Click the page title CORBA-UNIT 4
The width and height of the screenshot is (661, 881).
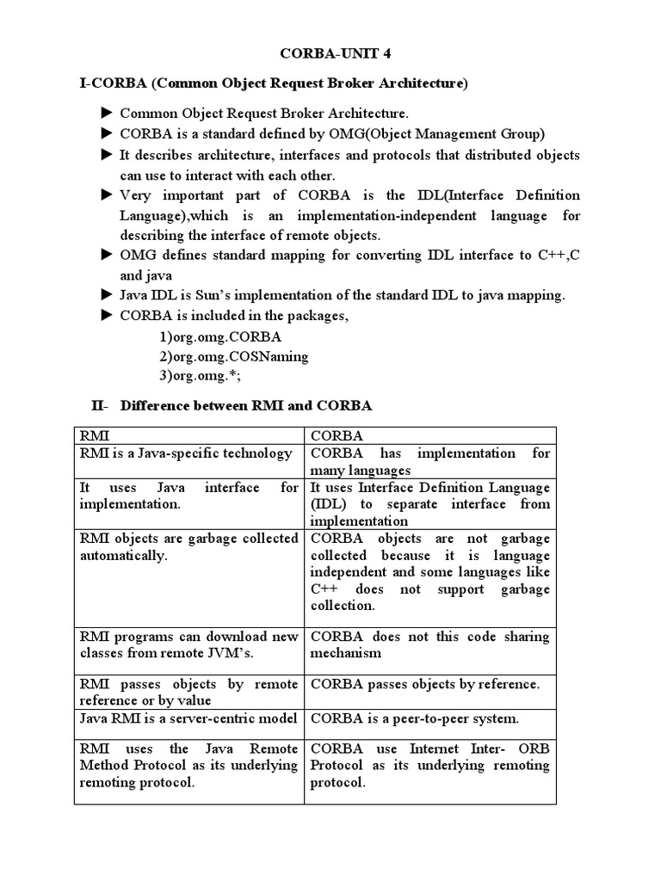pos(330,53)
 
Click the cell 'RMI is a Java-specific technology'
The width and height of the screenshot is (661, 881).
pos(186,453)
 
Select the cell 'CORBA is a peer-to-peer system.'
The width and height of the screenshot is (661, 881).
pos(415,718)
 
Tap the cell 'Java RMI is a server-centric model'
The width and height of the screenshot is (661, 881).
pos(188,718)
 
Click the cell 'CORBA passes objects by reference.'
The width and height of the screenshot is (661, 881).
pos(424,684)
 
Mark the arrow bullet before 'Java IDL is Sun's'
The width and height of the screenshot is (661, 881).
pos(107,295)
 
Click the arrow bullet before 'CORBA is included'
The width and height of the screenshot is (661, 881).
pos(107,316)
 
